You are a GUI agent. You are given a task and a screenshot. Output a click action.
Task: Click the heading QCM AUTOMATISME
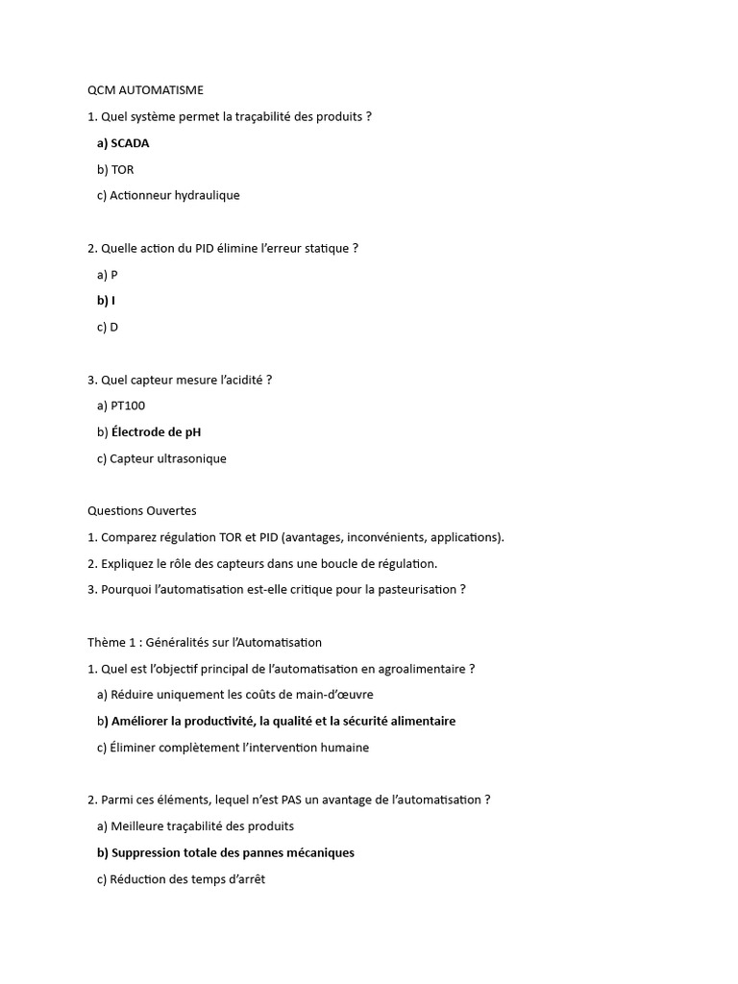[145, 90]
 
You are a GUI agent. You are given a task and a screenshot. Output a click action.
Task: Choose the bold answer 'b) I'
[106, 301]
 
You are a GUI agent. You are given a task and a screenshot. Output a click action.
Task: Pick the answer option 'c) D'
[108, 327]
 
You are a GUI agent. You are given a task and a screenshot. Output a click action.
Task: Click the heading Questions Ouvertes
[141, 511]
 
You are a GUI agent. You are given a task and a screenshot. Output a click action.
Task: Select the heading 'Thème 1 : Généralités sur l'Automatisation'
[205, 642]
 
